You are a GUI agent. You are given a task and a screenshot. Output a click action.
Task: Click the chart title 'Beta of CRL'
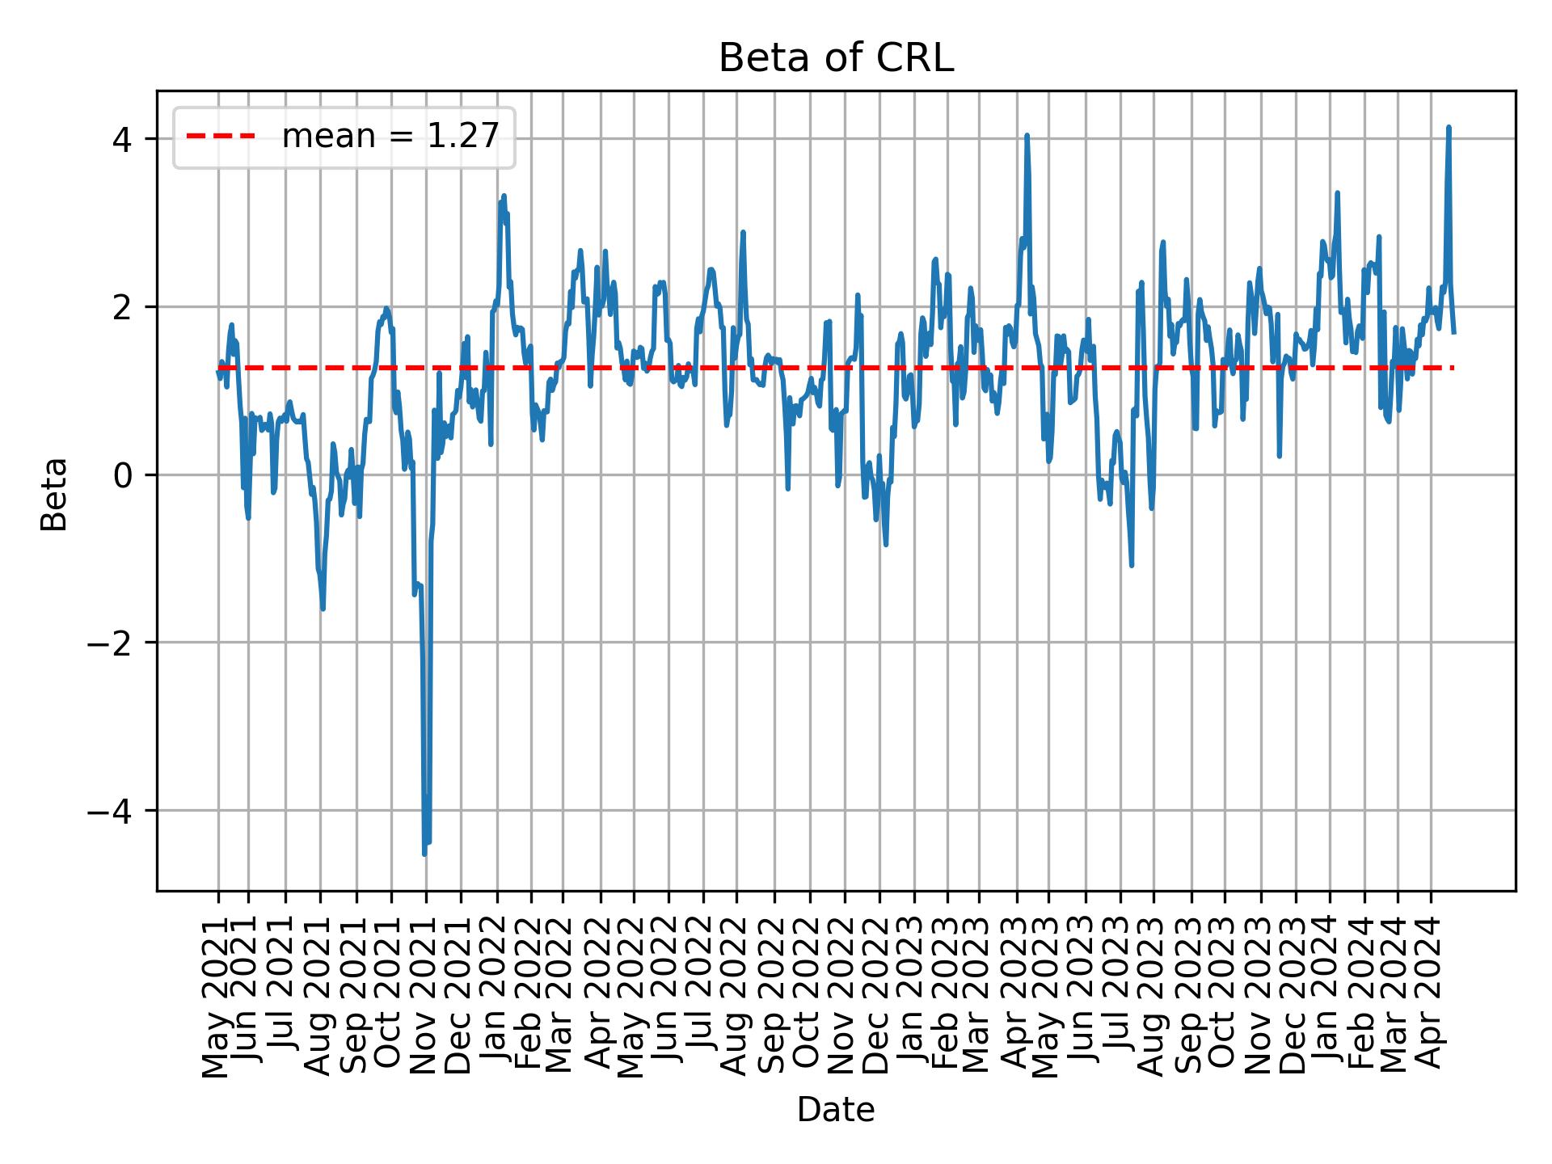click(x=836, y=58)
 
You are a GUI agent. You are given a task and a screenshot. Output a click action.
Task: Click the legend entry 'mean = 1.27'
click(x=390, y=137)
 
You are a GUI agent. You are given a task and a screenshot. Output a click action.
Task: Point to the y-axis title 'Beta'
click(x=55, y=494)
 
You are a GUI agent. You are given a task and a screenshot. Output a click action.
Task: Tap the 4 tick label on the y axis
click(x=122, y=139)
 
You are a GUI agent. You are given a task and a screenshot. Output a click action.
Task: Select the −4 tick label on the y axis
click(x=110, y=810)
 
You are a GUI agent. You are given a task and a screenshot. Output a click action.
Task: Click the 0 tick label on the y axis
click(x=122, y=474)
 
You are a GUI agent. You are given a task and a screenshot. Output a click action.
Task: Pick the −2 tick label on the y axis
click(x=110, y=643)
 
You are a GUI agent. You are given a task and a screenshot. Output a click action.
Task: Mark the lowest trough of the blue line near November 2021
click(x=424, y=854)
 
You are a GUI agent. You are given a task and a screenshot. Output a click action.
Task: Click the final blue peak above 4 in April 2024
click(x=1449, y=128)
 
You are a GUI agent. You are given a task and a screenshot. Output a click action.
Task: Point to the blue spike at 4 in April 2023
click(x=1027, y=136)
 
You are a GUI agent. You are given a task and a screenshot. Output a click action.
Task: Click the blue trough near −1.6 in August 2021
click(x=323, y=608)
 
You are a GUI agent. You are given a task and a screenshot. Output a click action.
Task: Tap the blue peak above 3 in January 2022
click(x=504, y=196)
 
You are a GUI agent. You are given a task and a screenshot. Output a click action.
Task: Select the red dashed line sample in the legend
click(x=220, y=137)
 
